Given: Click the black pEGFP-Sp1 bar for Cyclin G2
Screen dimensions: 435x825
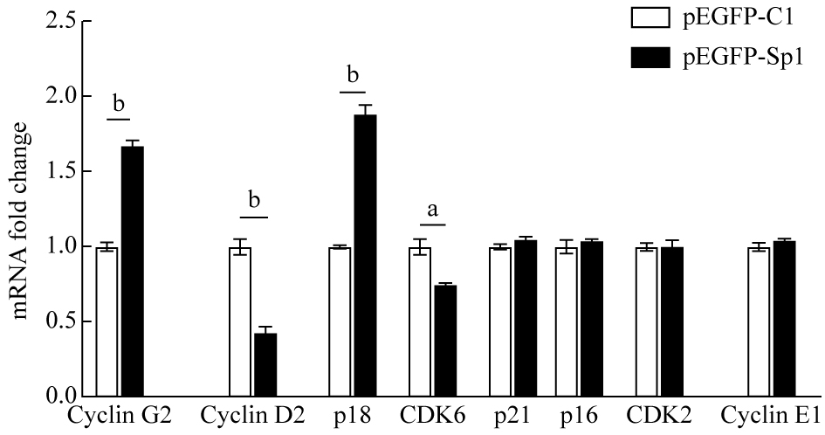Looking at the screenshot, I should (x=133, y=272).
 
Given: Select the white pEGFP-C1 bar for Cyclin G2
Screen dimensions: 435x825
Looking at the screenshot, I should (x=107, y=322).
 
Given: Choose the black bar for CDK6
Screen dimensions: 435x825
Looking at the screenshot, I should (x=445, y=341).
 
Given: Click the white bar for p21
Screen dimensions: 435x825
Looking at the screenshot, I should (x=500, y=322).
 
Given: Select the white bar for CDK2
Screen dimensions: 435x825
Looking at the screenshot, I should (x=647, y=322).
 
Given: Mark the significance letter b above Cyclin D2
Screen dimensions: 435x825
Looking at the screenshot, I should (x=254, y=200).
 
